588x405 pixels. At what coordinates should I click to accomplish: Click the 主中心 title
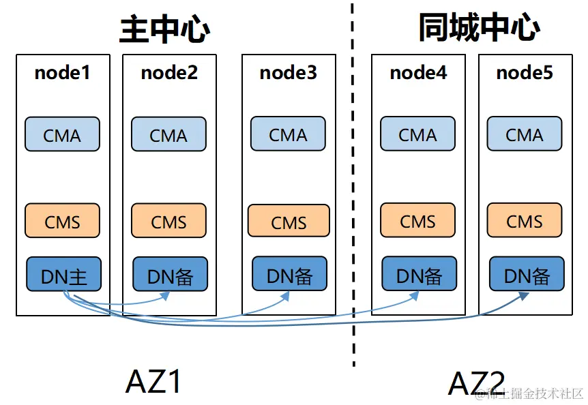tap(164, 29)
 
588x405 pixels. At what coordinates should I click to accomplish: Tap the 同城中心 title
tap(479, 28)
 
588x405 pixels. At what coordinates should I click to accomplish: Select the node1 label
tap(62, 72)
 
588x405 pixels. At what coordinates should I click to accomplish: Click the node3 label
tap(288, 72)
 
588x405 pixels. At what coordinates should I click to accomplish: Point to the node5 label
tap(524, 72)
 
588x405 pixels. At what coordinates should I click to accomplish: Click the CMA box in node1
tap(62, 135)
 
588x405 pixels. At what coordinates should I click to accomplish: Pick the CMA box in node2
tap(168, 135)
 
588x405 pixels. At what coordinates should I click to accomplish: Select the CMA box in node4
tap(417, 135)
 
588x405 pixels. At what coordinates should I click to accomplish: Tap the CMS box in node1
tap(62, 222)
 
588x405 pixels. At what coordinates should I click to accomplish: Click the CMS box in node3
tap(289, 222)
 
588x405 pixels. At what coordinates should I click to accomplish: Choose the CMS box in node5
tap(524, 221)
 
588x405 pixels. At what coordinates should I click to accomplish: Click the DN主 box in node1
tap(63, 275)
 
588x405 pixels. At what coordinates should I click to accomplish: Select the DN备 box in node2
tap(170, 275)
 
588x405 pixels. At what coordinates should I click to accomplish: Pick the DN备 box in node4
tap(419, 275)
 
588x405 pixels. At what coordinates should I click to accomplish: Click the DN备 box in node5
tap(527, 275)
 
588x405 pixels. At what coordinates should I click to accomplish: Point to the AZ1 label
tap(153, 382)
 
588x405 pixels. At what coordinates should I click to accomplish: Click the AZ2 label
tap(476, 383)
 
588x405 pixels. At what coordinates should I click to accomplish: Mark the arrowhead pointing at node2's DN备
tap(165, 295)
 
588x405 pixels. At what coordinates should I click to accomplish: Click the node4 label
tap(418, 72)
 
